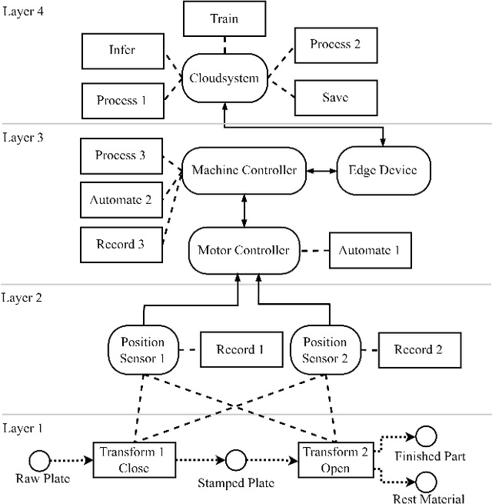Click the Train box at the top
[224, 18]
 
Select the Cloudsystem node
[224, 78]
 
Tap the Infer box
[121, 51]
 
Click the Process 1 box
[121, 100]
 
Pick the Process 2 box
[335, 45]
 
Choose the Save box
[335, 98]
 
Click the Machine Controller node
[244, 170]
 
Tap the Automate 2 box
[121, 200]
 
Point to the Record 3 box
[121, 245]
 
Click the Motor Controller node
[244, 250]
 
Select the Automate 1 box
[370, 250]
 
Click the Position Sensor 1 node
[142, 349]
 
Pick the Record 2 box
[418, 349]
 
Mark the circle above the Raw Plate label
[39, 460]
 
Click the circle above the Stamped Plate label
[235, 460]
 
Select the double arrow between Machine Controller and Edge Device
[321, 170]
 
